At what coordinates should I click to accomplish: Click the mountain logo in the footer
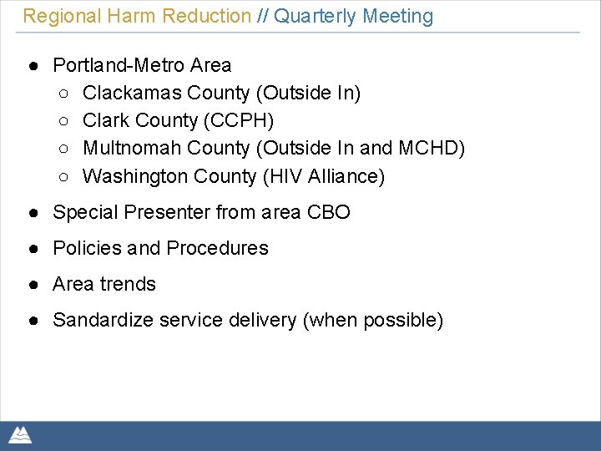[20, 434]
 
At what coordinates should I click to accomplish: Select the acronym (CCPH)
[238, 120]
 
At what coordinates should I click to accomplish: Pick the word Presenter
[167, 212]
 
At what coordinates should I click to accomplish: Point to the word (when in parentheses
[330, 320]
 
